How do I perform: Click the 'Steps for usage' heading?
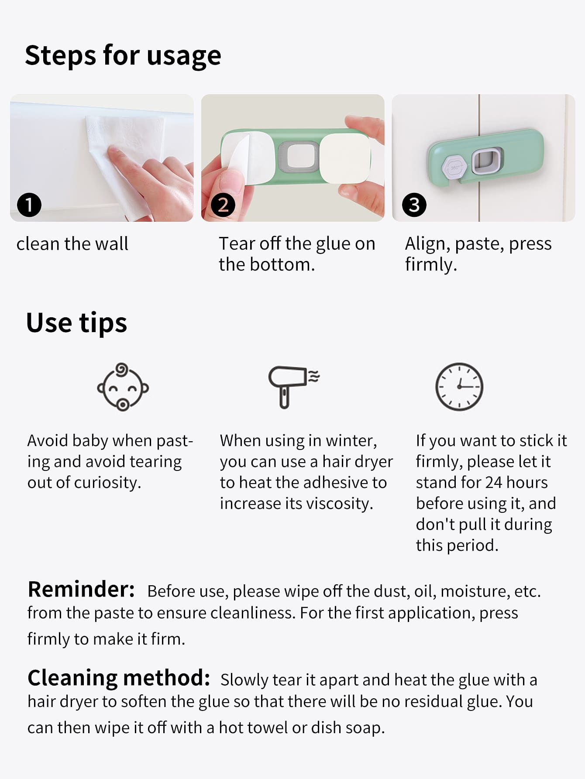click(x=123, y=56)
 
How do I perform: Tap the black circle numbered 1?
click(x=29, y=205)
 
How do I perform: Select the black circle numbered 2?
click(x=223, y=205)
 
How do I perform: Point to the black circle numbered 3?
click(x=414, y=205)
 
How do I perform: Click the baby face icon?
click(x=123, y=387)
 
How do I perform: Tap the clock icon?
click(x=459, y=387)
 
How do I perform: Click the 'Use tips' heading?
click(x=76, y=323)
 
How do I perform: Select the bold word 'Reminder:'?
click(x=81, y=589)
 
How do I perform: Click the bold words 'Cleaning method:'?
click(x=119, y=679)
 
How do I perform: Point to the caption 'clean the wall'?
click(x=72, y=244)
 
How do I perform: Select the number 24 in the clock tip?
click(x=494, y=482)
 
